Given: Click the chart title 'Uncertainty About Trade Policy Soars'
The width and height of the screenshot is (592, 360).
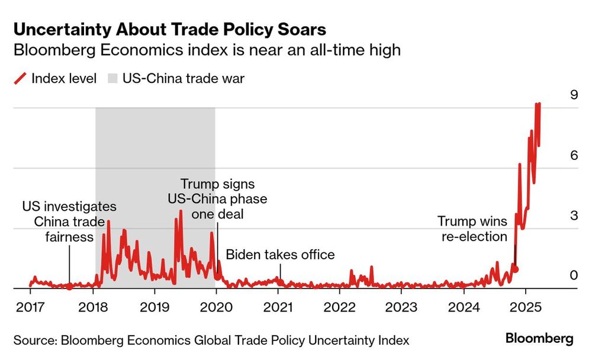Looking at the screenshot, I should click(x=169, y=29).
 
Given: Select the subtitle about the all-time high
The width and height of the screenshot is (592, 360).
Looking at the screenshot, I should click(x=207, y=50).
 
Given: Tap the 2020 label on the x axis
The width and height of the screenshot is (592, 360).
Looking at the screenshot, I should click(x=216, y=308).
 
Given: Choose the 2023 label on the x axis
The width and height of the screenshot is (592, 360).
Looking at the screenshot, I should click(x=401, y=308).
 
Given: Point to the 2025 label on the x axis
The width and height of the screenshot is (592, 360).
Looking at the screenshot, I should click(x=525, y=308).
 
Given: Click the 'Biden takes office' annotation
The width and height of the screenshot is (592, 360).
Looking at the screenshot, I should click(x=281, y=255).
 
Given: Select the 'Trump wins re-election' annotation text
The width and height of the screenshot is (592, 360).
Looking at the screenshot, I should click(x=472, y=229).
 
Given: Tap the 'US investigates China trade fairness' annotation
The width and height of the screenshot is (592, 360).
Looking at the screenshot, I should click(x=69, y=222).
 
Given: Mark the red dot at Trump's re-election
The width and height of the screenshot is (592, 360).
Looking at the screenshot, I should click(x=515, y=269).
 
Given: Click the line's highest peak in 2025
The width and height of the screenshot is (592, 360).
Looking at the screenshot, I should click(x=538, y=104).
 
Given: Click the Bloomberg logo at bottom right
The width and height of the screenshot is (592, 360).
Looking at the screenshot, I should click(x=539, y=339).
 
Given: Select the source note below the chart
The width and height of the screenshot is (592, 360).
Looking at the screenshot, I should click(x=211, y=340).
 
